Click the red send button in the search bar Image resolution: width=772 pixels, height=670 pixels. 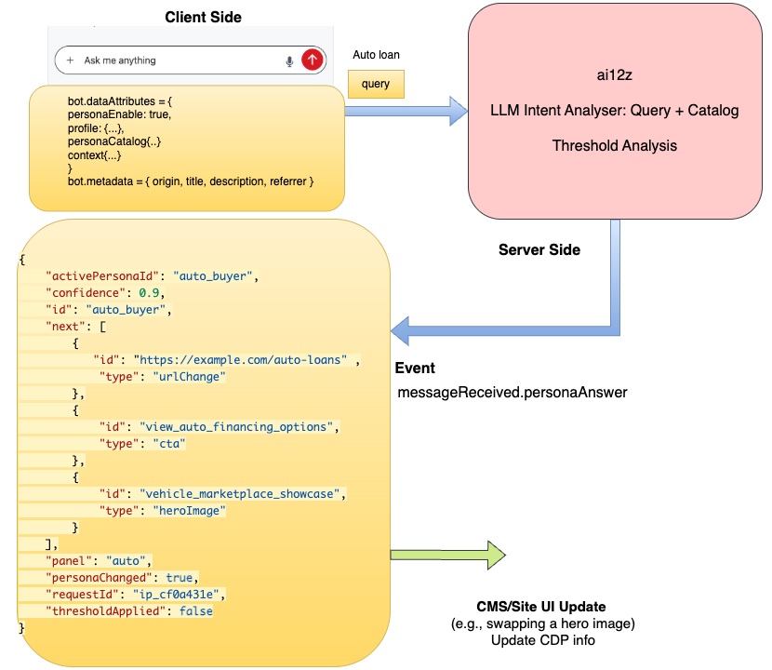(313, 60)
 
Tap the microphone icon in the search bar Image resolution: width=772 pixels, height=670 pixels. (289, 60)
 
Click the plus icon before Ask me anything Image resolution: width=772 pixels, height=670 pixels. (70, 60)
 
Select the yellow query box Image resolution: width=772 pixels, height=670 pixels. (376, 84)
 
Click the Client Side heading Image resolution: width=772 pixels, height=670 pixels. (203, 18)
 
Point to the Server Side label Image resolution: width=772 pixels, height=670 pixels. (539, 250)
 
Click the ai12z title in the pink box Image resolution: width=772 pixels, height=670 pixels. (614, 75)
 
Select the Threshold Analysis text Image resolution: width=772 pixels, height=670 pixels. (614, 146)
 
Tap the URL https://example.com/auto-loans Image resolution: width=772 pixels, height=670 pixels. (241, 359)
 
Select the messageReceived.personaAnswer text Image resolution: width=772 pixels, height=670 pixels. (512, 393)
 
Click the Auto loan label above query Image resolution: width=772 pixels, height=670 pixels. (376, 55)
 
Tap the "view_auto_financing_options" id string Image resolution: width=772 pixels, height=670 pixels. (238, 426)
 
